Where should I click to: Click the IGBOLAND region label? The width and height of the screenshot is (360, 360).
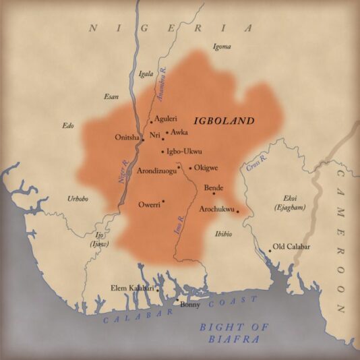[x=224, y=121]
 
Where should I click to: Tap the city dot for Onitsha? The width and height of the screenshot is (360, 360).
[x=142, y=140]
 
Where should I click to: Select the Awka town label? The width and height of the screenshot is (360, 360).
[x=179, y=133]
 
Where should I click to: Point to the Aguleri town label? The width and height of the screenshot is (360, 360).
[x=166, y=119]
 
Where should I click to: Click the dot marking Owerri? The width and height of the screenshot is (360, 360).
[x=163, y=201]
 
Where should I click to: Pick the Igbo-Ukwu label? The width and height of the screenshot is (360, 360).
[x=184, y=151]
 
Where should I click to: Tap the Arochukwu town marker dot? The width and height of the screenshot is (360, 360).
[x=237, y=212]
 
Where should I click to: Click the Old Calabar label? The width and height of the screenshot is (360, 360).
[x=291, y=247]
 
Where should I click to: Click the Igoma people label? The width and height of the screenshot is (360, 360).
[x=222, y=47]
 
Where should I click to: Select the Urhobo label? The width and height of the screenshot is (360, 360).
[x=78, y=198]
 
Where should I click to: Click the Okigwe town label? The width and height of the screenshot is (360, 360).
[x=206, y=168]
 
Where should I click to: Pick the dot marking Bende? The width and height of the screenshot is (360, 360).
[x=214, y=193]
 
